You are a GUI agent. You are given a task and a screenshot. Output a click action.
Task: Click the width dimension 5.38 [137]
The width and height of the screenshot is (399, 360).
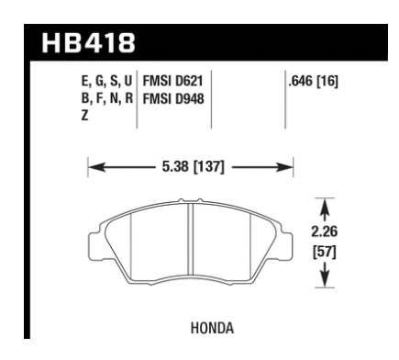tap(191, 167)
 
